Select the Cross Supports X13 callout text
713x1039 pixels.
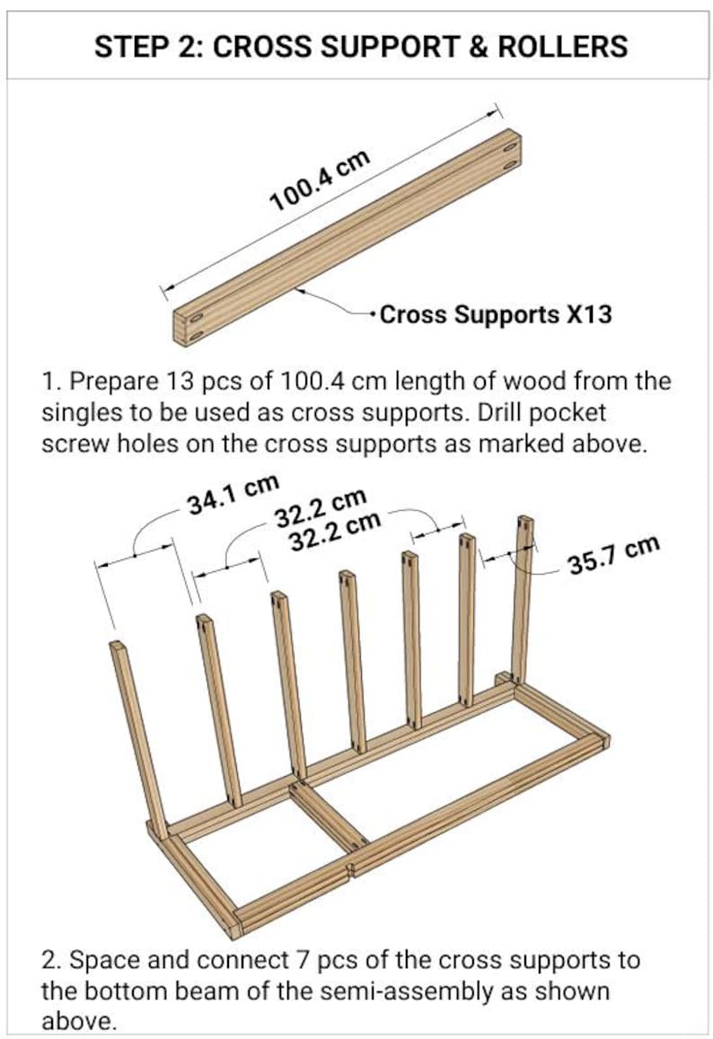[496, 314]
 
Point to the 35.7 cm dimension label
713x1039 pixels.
[613, 554]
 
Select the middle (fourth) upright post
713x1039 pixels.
[353, 660]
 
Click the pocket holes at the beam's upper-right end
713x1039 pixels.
[510, 153]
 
